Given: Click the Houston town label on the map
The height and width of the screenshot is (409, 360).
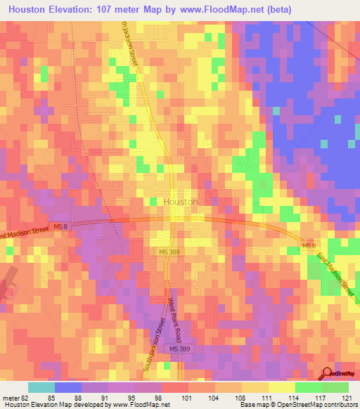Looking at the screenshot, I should tap(180, 201).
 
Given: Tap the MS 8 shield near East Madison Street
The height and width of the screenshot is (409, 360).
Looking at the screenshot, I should tap(307, 245).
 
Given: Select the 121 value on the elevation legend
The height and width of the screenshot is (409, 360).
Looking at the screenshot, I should tap(348, 397).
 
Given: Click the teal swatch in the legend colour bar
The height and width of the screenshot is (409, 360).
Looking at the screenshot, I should tap(41, 387).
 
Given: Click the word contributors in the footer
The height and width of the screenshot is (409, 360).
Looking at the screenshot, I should tap(335, 405).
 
